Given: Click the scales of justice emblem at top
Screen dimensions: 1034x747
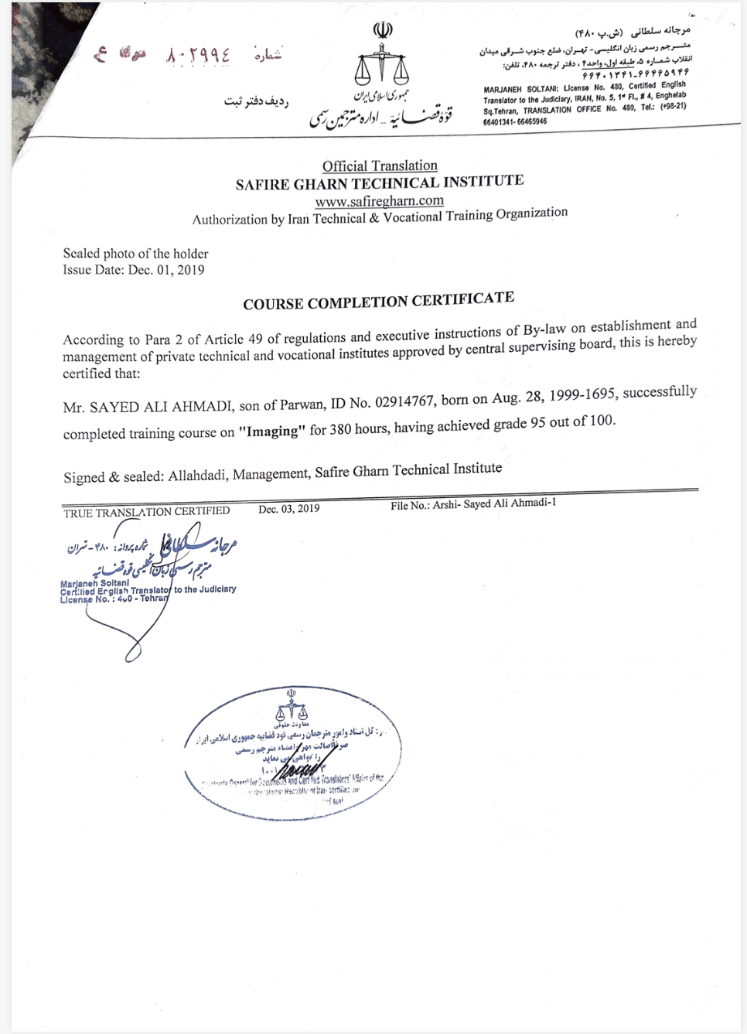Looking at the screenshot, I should [x=380, y=67].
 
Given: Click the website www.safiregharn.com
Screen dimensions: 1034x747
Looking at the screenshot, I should [x=379, y=201].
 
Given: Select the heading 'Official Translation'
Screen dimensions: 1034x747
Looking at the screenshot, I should [x=380, y=166].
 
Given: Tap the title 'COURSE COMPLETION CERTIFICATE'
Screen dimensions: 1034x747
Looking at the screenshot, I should [x=378, y=301].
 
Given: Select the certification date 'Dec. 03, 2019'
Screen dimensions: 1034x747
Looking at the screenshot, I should [x=288, y=509].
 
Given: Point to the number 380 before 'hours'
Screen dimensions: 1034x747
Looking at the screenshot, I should [x=340, y=428].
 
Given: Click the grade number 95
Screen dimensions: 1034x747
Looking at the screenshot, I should [x=538, y=424].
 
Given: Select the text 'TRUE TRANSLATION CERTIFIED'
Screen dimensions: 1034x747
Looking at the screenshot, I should [x=146, y=512].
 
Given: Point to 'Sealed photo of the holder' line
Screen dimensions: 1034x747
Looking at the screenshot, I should [x=135, y=254].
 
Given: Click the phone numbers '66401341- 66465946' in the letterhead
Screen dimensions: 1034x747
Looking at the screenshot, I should [x=515, y=121].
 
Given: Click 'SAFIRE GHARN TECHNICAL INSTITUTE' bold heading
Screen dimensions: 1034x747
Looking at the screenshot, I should [x=379, y=183].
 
